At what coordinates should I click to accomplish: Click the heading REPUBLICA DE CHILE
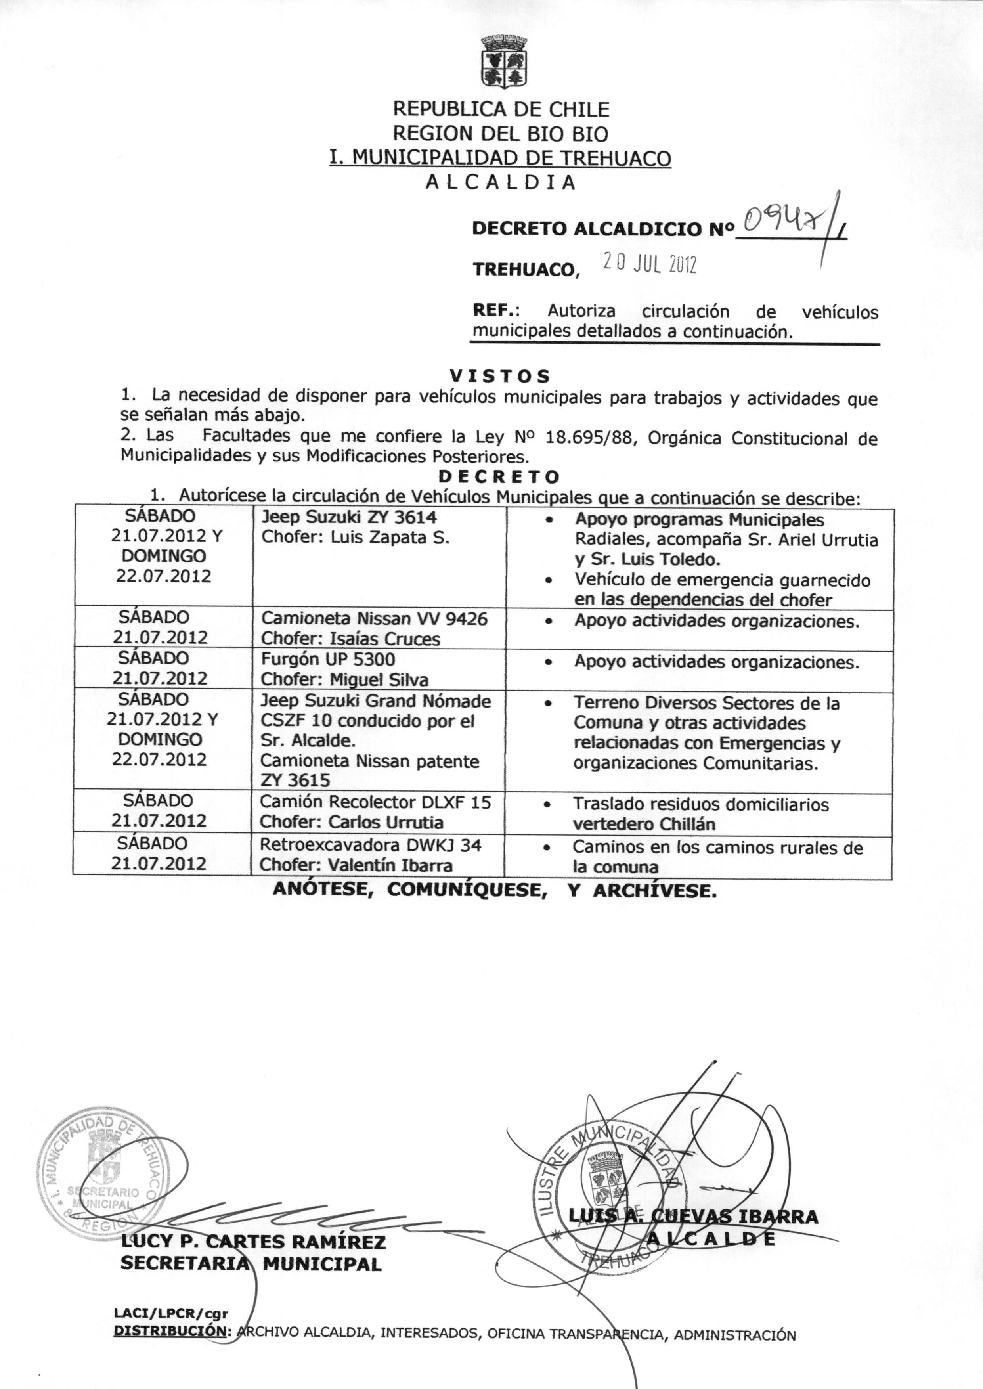tap(501, 109)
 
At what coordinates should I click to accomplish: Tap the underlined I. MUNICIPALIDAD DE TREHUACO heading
tap(500, 158)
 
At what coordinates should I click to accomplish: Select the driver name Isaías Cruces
tap(384, 639)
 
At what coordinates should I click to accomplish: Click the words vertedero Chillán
tap(644, 824)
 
